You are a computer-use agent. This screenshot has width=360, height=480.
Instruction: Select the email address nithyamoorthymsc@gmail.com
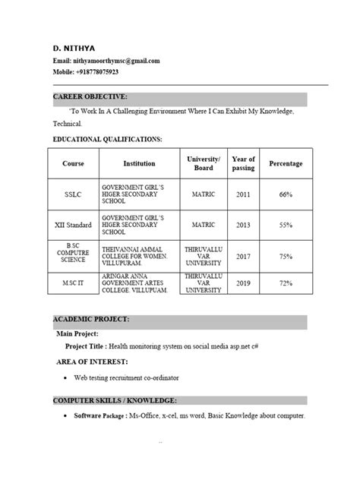pos(116,61)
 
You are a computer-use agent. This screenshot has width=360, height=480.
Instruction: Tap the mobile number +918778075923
pos(97,71)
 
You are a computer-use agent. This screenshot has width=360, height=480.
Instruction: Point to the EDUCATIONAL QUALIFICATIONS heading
pos(107,140)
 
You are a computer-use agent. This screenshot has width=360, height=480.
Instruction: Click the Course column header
pos(73,164)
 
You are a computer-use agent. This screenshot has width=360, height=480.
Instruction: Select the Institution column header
pos(139,164)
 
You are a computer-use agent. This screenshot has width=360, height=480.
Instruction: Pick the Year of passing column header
pos(243,164)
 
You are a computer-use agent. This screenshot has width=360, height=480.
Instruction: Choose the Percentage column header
pos(286,164)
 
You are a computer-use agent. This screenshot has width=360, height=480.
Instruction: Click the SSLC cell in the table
pos(73,195)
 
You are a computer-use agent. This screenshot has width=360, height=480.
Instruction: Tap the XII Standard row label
pos(73,226)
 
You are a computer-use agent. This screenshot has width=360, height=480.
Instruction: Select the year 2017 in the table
pos(243,257)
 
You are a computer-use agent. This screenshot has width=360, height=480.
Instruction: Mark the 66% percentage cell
pos(286,195)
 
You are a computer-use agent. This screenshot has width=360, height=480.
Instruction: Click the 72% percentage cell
pos(286,283)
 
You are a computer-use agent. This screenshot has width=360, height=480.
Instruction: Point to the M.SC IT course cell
pos(73,283)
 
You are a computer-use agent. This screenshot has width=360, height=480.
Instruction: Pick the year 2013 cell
pos(243,226)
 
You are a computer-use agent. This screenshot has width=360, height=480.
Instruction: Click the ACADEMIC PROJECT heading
pos(90,319)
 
